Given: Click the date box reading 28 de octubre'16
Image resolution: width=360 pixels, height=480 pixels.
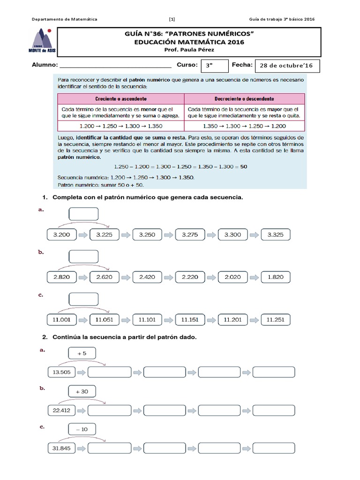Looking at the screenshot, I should click(286, 66).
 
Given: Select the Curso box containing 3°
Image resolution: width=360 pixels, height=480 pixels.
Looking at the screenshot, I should click(214, 66).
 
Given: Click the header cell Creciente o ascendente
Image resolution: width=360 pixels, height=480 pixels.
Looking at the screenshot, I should click(121, 99).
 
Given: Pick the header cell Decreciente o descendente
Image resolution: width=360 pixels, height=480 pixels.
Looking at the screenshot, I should click(244, 99).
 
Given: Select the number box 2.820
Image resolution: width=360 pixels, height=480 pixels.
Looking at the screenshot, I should click(61, 277).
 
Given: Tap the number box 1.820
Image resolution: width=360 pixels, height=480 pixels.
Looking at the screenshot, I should click(275, 277).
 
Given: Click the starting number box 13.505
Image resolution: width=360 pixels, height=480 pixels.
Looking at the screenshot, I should click(61, 372).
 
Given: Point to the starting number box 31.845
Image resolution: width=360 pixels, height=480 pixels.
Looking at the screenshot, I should click(61, 448).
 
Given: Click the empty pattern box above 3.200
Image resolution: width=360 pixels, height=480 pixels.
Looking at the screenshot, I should click(83, 214).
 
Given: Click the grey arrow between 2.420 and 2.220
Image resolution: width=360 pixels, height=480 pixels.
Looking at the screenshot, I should click(168, 277).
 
